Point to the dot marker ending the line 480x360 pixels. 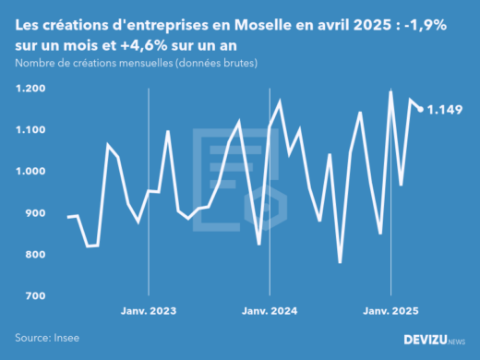[421, 109]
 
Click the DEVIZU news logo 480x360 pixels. [435, 340]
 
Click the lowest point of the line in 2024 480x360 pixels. [340, 262]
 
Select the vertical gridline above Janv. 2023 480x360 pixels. [149, 185]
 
